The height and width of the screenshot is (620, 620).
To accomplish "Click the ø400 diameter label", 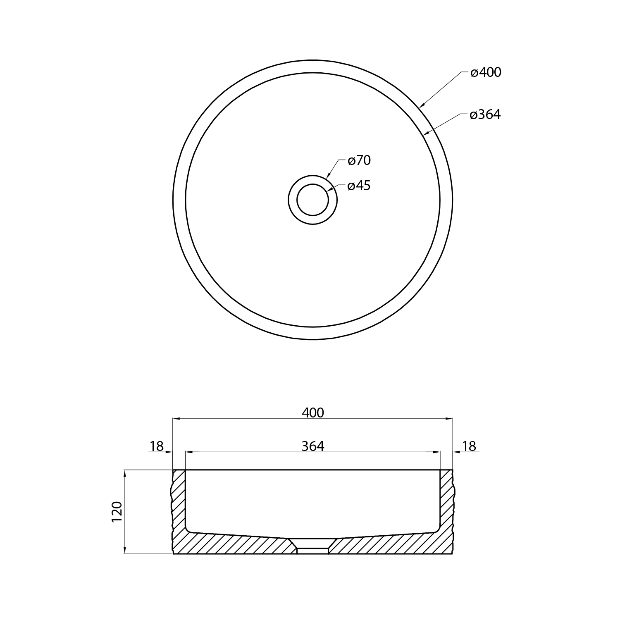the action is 486,72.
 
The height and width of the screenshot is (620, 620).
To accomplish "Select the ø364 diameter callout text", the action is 485,114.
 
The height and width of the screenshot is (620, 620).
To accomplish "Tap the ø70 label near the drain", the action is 359,160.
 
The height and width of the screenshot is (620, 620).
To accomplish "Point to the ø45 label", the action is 359,186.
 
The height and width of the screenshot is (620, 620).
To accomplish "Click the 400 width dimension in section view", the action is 313,413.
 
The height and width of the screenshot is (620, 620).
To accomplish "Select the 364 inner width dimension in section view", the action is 313,446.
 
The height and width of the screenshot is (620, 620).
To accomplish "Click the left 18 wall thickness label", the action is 157,446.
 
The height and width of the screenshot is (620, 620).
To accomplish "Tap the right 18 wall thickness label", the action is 469,446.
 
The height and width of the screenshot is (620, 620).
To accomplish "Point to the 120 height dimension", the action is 117,511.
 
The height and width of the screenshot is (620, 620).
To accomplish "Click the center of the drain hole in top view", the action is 312,200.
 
